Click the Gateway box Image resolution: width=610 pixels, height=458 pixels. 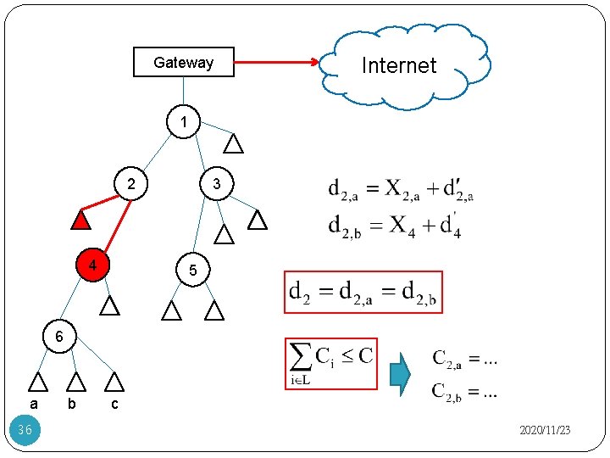[x=184, y=62]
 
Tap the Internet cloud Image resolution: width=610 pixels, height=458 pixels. [x=400, y=66]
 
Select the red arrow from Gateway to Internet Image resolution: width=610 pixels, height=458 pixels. [x=276, y=62]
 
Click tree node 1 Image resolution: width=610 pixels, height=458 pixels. [x=183, y=122]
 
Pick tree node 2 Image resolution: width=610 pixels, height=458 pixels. [x=130, y=184]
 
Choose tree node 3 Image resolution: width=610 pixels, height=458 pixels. [x=216, y=184]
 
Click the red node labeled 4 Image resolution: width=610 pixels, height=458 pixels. [x=92, y=265]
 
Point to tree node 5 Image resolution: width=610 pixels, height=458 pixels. [x=193, y=271]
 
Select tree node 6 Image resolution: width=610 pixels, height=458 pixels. [x=58, y=337]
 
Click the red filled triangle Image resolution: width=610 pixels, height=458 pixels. [x=80, y=221]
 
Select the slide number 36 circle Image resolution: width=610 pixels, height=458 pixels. [x=25, y=430]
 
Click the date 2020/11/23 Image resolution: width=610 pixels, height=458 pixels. [x=544, y=431]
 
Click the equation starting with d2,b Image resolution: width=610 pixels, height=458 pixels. [x=395, y=226]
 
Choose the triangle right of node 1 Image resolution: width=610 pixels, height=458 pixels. [x=233, y=143]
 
